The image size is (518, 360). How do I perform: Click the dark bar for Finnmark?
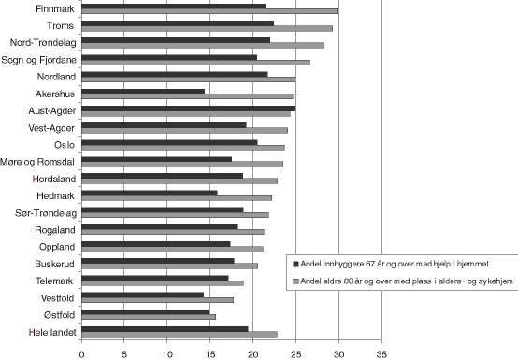click(x=173, y=6)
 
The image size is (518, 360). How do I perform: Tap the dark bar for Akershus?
click(x=143, y=91)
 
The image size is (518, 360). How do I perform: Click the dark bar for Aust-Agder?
click(x=188, y=108)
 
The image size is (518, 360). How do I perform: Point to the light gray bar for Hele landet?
click(x=180, y=334)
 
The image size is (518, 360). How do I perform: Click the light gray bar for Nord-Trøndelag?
click(x=203, y=45)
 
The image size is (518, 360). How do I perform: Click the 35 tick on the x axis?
click(x=381, y=354)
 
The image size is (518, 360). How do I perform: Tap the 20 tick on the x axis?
click(x=252, y=354)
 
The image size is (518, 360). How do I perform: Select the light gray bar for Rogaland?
click(x=173, y=231)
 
